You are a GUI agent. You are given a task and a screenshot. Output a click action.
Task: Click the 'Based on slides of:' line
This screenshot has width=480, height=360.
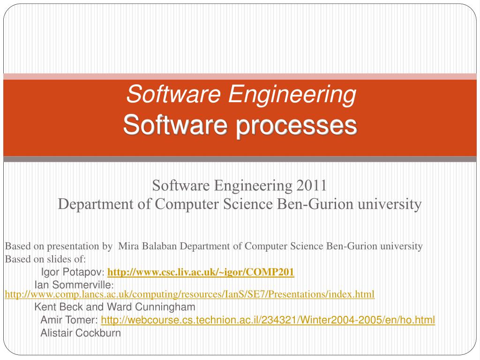(45, 259)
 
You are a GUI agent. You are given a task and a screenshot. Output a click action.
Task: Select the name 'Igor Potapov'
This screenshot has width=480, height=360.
(71, 272)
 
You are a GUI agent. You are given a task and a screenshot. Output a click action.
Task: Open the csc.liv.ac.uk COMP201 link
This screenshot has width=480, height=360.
(201, 272)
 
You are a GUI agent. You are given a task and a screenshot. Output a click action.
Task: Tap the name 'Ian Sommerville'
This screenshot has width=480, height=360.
(73, 285)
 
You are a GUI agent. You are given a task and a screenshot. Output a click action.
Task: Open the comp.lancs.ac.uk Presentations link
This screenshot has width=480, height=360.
(189, 294)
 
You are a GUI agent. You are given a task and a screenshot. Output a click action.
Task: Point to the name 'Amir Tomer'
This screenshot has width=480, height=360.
(69, 320)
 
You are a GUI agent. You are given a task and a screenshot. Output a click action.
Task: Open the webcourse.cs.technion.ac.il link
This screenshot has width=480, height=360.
(268, 320)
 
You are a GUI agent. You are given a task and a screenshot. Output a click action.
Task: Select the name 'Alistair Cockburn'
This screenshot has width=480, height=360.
(81, 333)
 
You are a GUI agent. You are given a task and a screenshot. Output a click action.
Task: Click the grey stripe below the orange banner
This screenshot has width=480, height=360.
(240, 159)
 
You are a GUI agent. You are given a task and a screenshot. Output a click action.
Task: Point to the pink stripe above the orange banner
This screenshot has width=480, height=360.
(240, 76)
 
